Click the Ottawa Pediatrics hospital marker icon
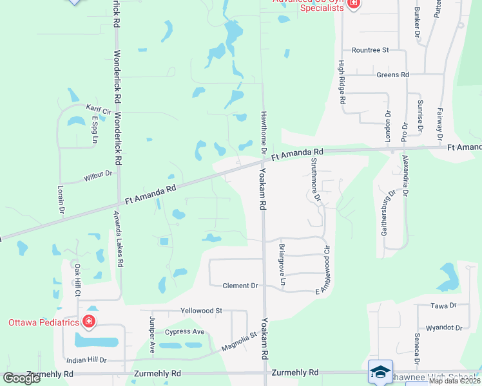click(89, 322)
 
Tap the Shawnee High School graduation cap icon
click(380, 371)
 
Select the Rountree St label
click(371, 50)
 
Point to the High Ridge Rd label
click(342, 82)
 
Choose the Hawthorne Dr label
click(264, 131)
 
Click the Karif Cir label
click(99, 109)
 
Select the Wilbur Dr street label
click(98, 174)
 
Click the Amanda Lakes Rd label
click(119, 239)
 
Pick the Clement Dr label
click(240, 286)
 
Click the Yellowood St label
click(201, 310)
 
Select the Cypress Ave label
click(184, 332)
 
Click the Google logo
click(22, 378)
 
